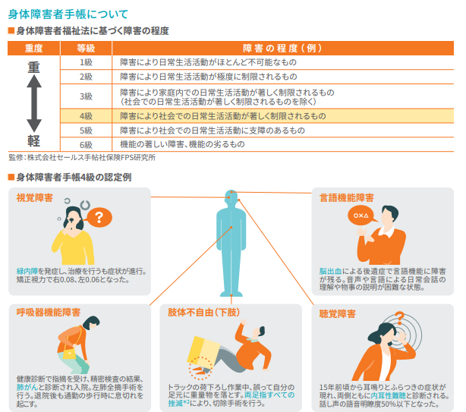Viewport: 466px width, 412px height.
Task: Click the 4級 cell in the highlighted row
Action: point(86,116)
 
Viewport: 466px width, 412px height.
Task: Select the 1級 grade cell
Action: point(86,62)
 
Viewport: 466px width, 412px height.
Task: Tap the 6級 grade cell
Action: point(86,145)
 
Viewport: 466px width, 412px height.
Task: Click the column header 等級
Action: point(86,48)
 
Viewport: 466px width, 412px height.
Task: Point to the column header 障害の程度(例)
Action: point(282,48)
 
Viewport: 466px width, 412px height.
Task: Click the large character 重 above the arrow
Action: point(33,67)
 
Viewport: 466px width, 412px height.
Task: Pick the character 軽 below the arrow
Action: point(33,141)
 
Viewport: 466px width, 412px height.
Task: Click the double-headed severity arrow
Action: point(34,103)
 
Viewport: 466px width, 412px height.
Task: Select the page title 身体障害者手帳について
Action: point(68,14)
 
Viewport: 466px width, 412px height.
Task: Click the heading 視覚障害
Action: point(34,198)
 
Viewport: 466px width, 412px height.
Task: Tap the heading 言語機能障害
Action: point(347,198)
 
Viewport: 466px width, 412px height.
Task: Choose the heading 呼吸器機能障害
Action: point(49,312)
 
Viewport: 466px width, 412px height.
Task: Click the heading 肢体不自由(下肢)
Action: point(204,312)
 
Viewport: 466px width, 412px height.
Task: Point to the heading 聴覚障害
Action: point(337,313)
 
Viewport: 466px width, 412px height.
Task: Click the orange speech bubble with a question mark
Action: point(99,217)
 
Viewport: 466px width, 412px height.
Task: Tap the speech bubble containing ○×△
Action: point(361,215)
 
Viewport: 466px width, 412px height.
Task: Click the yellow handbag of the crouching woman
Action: point(70,354)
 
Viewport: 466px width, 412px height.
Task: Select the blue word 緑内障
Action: point(27,271)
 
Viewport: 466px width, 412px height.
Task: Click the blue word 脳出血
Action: point(330,271)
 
